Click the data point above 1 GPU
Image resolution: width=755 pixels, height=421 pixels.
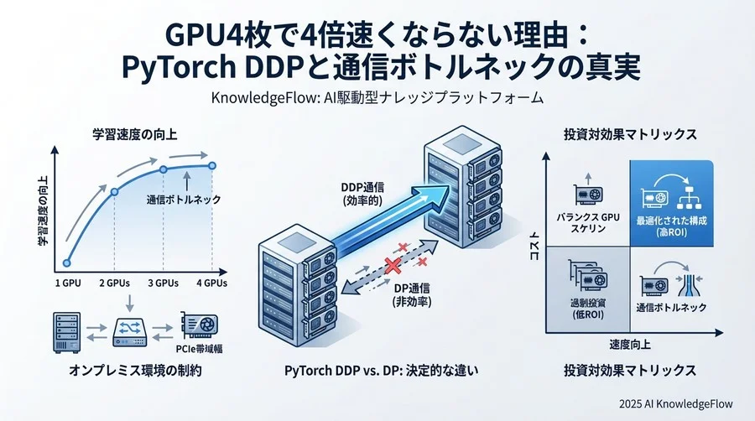click(67, 263)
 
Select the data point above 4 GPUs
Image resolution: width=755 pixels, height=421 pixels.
click(212, 165)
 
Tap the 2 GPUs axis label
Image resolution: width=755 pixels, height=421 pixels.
click(115, 283)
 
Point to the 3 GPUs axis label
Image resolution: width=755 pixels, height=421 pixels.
click(164, 283)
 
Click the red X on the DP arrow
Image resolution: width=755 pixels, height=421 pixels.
click(393, 266)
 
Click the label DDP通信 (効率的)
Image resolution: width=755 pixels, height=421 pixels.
click(362, 195)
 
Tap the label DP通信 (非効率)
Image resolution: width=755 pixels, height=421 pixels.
click(412, 295)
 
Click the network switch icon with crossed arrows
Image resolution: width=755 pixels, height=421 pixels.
click(129, 332)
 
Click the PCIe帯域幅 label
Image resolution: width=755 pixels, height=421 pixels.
click(200, 349)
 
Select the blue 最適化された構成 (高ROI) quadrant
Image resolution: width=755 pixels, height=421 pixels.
click(671, 203)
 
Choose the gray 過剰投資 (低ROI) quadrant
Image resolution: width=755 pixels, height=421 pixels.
click(588, 289)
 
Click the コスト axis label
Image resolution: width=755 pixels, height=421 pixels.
click(534, 246)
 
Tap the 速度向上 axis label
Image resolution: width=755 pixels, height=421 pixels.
click(630, 345)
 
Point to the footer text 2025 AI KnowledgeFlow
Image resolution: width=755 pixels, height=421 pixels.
click(676, 403)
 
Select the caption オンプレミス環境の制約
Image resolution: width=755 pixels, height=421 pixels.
click(135, 370)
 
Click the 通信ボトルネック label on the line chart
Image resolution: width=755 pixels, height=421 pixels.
click(184, 200)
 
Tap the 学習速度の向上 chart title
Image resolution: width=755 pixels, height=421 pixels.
click(135, 134)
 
